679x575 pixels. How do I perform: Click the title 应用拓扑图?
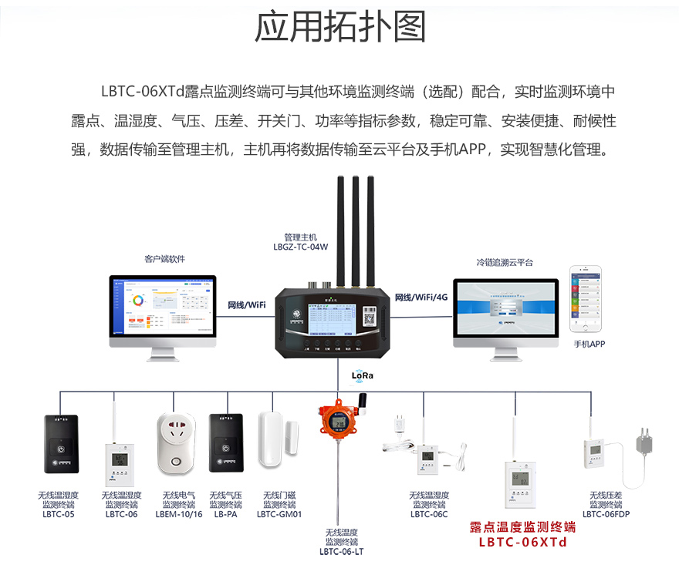click(x=339, y=28)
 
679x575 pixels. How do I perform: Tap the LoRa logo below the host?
click(x=362, y=375)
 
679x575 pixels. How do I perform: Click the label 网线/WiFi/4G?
click(x=421, y=297)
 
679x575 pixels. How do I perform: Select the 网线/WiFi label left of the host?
click(x=247, y=304)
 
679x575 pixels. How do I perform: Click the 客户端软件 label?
click(x=164, y=259)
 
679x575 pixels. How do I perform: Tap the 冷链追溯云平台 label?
click(x=505, y=262)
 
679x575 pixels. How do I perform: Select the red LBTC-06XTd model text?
click(x=522, y=542)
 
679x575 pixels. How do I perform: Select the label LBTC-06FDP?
click(x=606, y=514)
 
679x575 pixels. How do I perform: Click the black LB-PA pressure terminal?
click(x=226, y=443)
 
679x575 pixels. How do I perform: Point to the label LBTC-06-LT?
click(x=342, y=552)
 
